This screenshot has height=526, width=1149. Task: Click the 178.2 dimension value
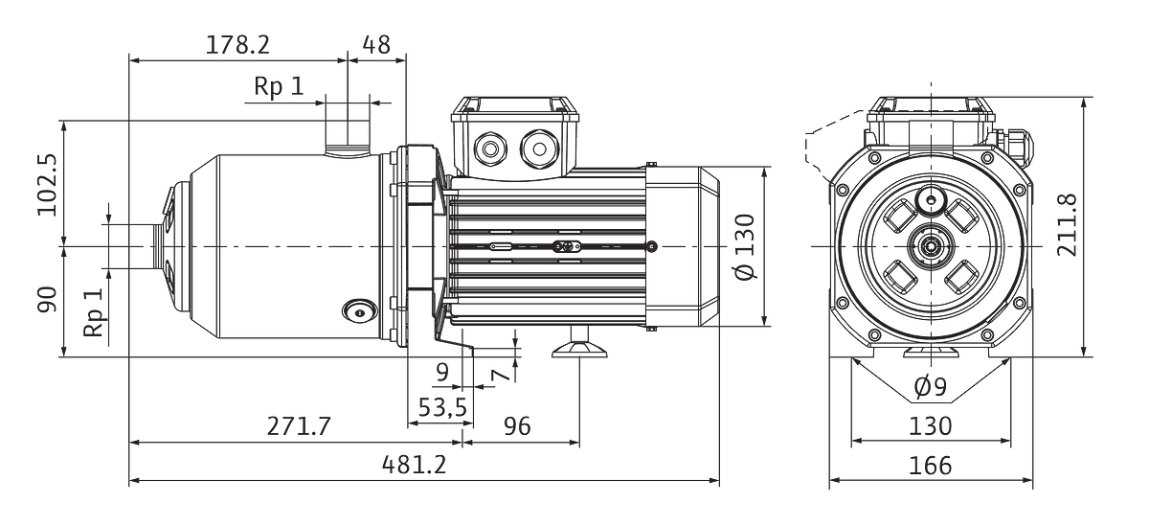click(x=237, y=45)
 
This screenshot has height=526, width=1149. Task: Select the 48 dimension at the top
click(x=376, y=45)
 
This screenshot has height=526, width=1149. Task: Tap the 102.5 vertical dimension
click(x=47, y=185)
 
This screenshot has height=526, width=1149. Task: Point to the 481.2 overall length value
click(x=415, y=465)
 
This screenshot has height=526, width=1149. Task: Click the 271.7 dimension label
click(x=299, y=426)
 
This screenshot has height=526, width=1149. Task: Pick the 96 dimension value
click(x=517, y=426)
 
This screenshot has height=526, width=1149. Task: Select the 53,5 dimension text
click(x=442, y=407)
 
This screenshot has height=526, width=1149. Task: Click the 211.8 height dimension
click(x=1068, y=225)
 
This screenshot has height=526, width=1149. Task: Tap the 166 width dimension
click(x=931, y=466)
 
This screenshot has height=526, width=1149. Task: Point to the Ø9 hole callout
click(x=931, y=387)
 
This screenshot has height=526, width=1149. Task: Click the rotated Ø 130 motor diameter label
click(x=745, y=247)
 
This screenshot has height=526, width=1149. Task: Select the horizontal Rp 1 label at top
click(x=279, y=86)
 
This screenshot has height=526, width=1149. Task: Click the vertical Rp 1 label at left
click(x=95, y=312)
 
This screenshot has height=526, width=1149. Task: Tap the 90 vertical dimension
click(x=47, y=299)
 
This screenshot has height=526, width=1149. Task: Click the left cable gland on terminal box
click(x=490, y=149)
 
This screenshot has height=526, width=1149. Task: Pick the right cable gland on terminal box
click(x=539, y=149)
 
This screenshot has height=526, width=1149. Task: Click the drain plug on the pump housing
click(x=360, y=312)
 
